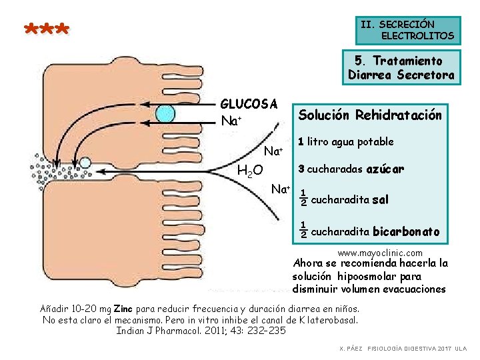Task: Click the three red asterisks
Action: [46, 30]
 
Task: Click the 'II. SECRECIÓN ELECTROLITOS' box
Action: [407, 30]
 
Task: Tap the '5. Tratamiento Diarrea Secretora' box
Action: [401, 68]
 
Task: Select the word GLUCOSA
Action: [249, 105]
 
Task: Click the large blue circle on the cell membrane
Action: [165, 114]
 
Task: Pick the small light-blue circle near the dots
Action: [86, 162]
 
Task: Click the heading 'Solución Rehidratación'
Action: [369, 115]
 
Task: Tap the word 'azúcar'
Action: [385, 169]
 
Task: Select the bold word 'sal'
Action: [380, 199]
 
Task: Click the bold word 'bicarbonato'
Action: [406, 232]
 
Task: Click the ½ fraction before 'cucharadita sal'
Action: [303, 197]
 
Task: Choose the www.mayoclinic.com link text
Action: [380, 253]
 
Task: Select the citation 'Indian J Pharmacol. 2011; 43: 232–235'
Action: [201, 330]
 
